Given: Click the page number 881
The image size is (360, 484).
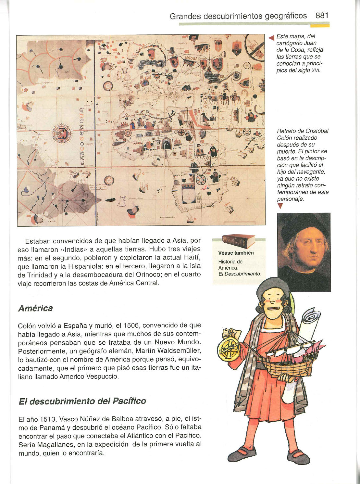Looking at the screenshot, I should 322,16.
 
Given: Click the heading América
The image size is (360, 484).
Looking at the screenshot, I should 35,308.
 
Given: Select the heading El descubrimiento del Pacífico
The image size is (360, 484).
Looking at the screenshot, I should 82,401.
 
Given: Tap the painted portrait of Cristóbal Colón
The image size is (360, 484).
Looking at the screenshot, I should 304,252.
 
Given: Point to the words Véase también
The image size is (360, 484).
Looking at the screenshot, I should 236,253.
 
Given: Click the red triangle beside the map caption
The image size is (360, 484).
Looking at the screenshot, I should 271,38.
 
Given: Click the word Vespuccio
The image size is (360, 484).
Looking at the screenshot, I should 102,377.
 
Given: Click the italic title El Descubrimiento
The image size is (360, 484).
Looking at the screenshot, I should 240,274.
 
